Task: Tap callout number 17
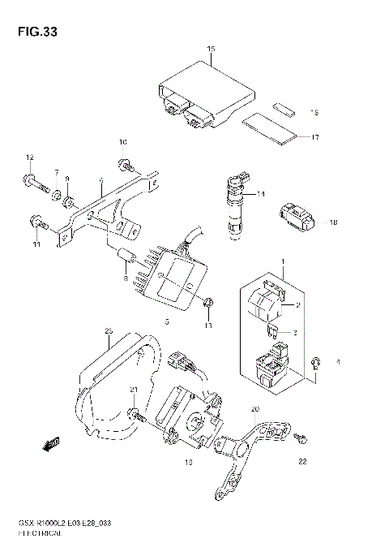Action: (x=315, y=137)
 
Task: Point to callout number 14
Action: (x=261, y=194)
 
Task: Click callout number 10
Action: (x=123, y=143)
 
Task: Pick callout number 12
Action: (x=29, y=157)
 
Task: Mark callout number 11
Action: (x=36, y=244)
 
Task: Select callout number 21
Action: (x=134, y=391)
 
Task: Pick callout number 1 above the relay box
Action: (x=283, y=261)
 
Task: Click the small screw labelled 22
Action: (x=300, y=438)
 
